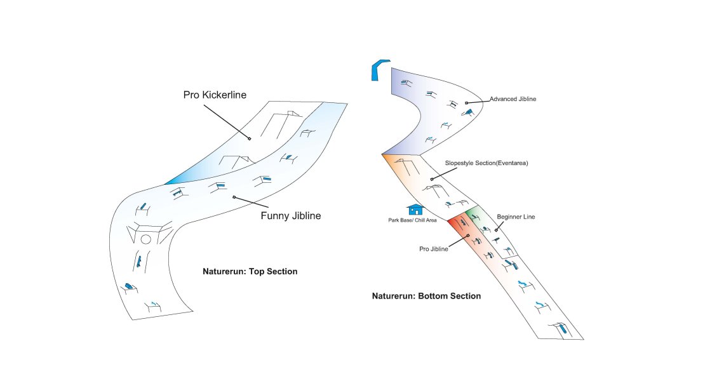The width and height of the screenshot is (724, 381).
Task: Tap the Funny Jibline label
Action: pyautogui.click(x=290, y=216)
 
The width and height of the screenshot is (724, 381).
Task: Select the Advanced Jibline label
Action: pyautogui.click(x=513, y=99)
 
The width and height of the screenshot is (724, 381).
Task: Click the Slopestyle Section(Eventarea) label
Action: pyautogui.click(x=486, y=163)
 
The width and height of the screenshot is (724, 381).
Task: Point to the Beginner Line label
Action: pyautogui.click(x=516, y=217)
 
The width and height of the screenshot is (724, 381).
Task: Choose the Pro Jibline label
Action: pyautogui.click(x=434, y=249)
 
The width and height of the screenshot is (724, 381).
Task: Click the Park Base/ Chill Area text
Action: pyautogui.click(x=412, y=220)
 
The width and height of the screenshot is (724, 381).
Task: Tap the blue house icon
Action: pyautogui.click(x=415, y=209)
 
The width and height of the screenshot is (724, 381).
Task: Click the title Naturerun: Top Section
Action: pyautogui.click(x=250, y=271)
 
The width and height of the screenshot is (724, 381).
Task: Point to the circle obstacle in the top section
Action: pyautogui.click(x=145, y=239)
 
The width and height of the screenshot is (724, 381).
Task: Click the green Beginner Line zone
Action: pyautogui.click(x=478, y=216)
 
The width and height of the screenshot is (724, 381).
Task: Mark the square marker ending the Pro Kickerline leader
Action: pyautogui.click(x=250, y=138)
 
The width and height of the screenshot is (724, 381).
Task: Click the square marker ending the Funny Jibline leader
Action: pyautogui.click(x=234, y=197)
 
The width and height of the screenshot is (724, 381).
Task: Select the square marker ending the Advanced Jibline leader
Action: pyautogui.click(x=467, y=102)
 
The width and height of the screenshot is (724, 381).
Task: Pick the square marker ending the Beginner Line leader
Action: pyautogui.click(x=496, y=230)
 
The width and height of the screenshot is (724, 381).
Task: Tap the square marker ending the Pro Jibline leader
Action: pyautogui.click(x=467, y=236)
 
